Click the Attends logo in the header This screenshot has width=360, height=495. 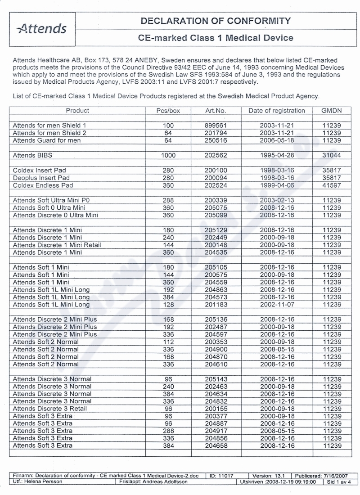[x=42, y=29]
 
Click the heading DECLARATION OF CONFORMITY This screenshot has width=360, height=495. [x=216, y=21]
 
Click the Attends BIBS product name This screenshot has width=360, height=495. [x=28, y=155]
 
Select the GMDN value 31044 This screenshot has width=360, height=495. [x=332, y=155]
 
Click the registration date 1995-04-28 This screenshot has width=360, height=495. [x=276, y=155]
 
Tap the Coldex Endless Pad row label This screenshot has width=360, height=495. [x=43, y=185]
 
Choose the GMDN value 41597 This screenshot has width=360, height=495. [x=332, y=185]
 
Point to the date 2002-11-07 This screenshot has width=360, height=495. [x=276, y=305]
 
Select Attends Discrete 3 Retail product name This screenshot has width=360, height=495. [x=50, y=409]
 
